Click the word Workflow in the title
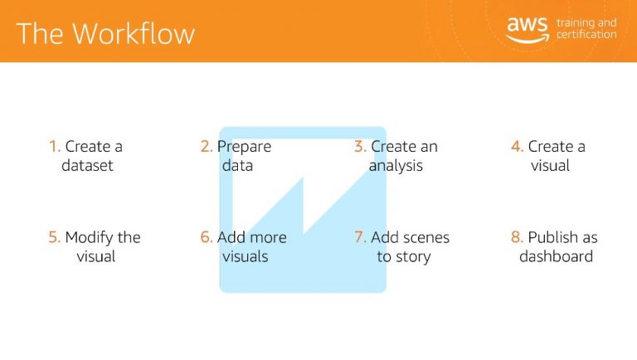(x=134, y=33)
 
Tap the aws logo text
(x=528, y=24)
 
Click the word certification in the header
(x=586, y=35)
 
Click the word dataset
(x=87, y=165)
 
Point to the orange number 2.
(x=207, y=146)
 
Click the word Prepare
(x=244, y=147)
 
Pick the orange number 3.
(x=360, y=146)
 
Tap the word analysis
(x=396, y=166)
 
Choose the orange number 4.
(x=518, y=146)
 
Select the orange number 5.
(x=54, y=237)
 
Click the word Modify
(x=89, y=238)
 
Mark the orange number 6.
(x=207, y=237)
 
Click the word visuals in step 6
(x=246, y=256)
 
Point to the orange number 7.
(x=360, y=237)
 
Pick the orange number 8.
(x=518, y=237)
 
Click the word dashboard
(x=557, y=256)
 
